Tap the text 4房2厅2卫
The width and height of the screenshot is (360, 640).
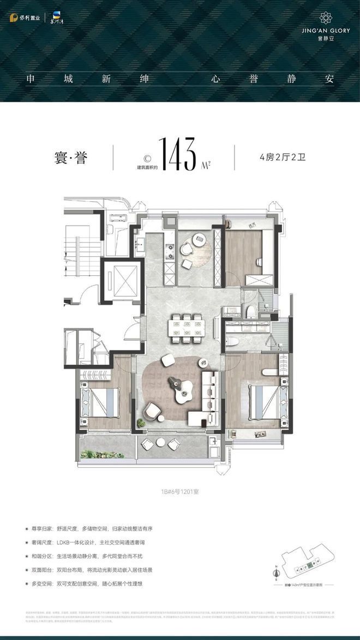tap(281, 158)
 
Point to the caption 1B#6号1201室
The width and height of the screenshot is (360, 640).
tap(179, 491)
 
